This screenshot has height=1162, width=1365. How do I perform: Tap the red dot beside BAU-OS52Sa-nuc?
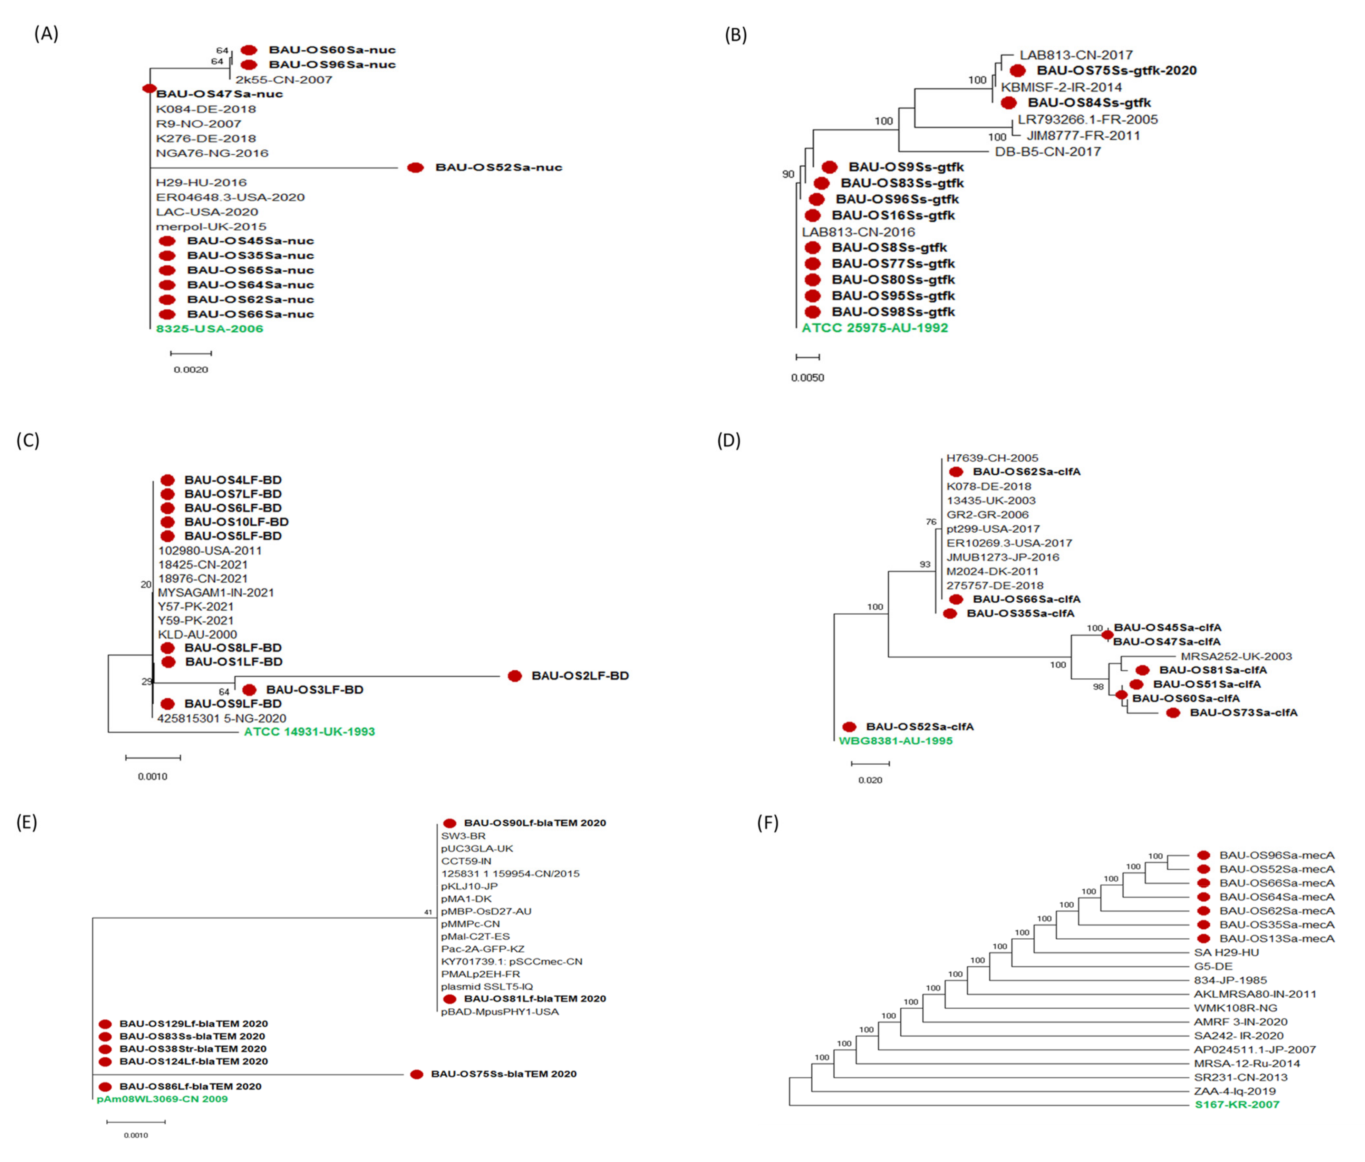point(415,167)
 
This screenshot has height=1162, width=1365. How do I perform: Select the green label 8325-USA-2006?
point(210,329)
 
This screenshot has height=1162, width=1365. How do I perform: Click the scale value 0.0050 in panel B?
point(808,377)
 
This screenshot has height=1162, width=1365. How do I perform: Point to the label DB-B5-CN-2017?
point(1047,152)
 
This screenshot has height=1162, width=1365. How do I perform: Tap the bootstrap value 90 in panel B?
point(788,174)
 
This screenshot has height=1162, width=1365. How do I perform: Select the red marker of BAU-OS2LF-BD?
point(514,676)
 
